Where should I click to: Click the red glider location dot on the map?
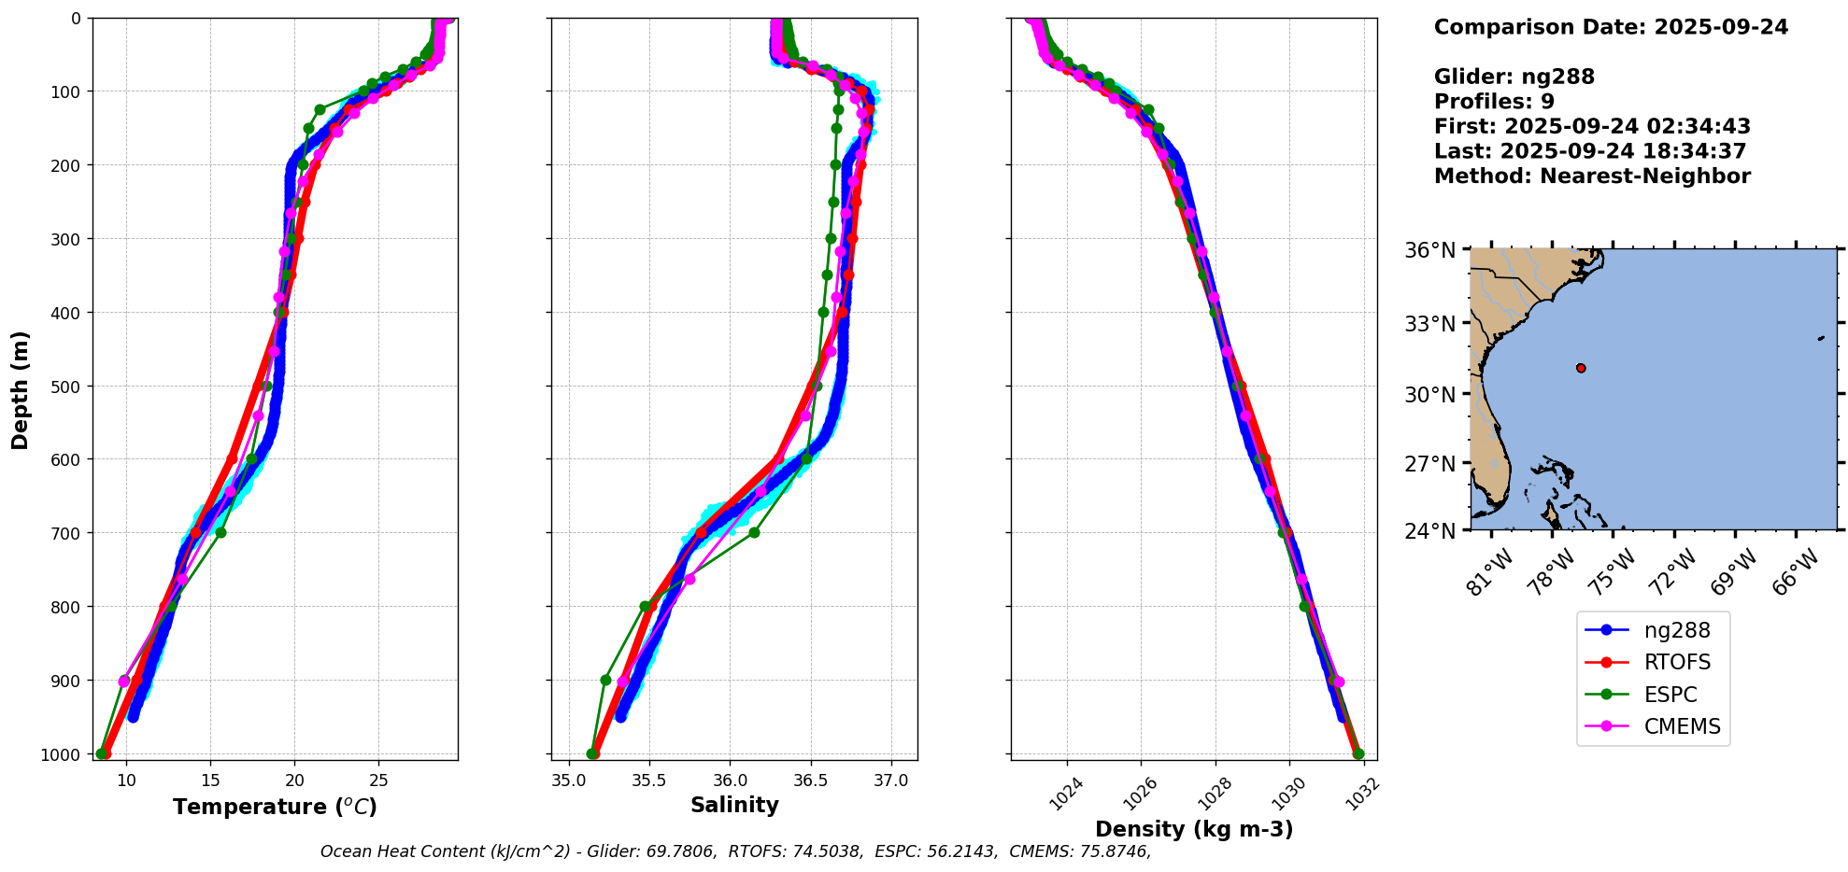1580,368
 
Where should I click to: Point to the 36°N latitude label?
1429,250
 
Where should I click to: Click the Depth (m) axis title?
21,389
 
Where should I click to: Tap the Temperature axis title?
275,807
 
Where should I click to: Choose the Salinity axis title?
734,805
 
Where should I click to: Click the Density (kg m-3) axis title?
1194,829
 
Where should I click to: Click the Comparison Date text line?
1611,27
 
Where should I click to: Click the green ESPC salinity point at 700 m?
754,533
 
